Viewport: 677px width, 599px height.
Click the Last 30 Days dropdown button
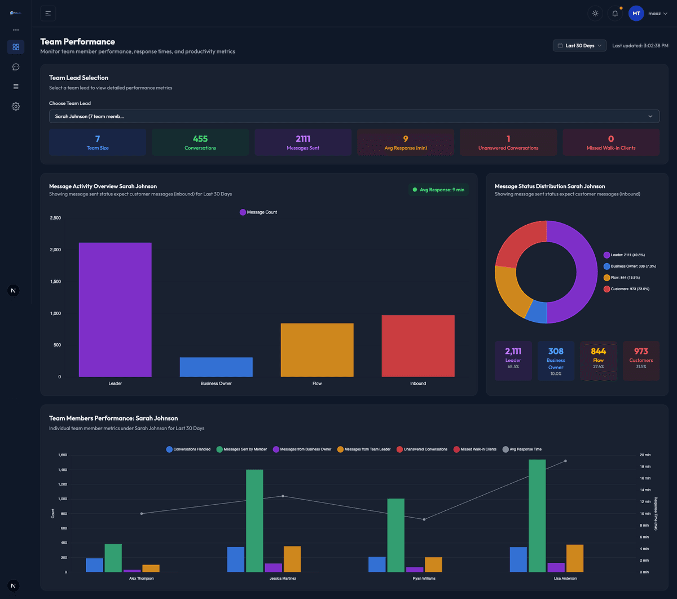click(579, 46)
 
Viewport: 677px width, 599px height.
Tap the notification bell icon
click(615, 14)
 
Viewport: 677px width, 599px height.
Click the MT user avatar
click(636, 14)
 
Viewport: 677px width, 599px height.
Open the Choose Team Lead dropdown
click(354, 116)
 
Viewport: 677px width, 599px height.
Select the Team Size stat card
click(98, 142)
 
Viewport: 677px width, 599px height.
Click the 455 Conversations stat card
click(200, 142)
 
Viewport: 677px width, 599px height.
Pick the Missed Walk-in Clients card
click(611, 142)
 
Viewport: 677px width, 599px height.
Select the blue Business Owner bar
click(216, 367)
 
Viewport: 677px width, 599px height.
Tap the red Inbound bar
click(418, 346)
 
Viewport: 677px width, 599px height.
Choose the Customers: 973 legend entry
click(630, 289)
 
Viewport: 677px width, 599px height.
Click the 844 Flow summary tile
click(598, 360)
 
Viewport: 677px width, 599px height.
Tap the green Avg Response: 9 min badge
click(438, 190)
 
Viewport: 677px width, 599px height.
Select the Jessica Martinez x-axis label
click(283, 579)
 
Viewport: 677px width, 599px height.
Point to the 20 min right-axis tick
click(645, 455)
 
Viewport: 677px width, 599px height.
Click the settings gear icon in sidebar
click(16, 106)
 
